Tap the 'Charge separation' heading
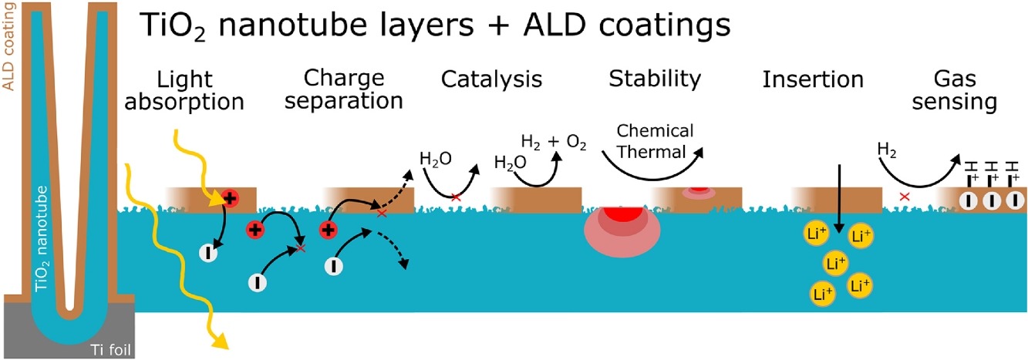click(x=353, y=89)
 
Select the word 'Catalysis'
click(x=491, y=79)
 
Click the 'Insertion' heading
click(x=810, y=79)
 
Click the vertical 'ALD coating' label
click(x=10, y=46)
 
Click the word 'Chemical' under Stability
click(x=655, y=130)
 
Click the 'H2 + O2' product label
click(x=554, y=142)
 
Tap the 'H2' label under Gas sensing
click(x=888, y=146)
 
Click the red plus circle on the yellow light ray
click(x=229, y=198)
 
